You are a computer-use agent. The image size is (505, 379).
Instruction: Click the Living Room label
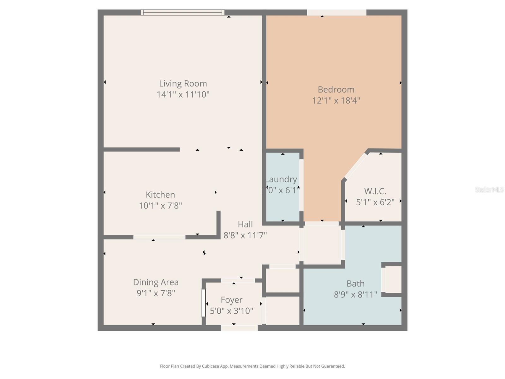(183, 84)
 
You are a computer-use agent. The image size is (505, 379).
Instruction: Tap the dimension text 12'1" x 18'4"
(336, 100)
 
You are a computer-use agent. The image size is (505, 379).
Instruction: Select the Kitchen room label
(160, 195)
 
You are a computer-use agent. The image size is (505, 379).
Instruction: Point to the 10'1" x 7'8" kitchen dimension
(160, 206)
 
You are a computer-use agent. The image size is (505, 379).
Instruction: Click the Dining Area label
(156, 282)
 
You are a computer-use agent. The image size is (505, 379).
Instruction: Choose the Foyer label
(231, 300)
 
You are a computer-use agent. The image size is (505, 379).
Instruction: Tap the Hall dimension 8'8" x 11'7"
(245, 235)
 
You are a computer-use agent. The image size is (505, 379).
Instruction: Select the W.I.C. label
(375, 191)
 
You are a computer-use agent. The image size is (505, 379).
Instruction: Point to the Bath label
(355, 284)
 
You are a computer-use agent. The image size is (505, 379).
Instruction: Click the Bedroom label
(336, 89)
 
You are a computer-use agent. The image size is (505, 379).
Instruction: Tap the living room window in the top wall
(182, 12)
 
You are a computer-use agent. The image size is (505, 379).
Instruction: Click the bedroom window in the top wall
(336, 12)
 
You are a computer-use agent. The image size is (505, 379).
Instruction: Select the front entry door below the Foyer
(239, 328)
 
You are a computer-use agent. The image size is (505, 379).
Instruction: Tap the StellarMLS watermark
(489, 189)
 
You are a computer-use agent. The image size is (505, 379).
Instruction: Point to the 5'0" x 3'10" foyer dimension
(231, 311)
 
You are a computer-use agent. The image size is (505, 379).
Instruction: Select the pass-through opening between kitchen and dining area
(159, 237)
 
